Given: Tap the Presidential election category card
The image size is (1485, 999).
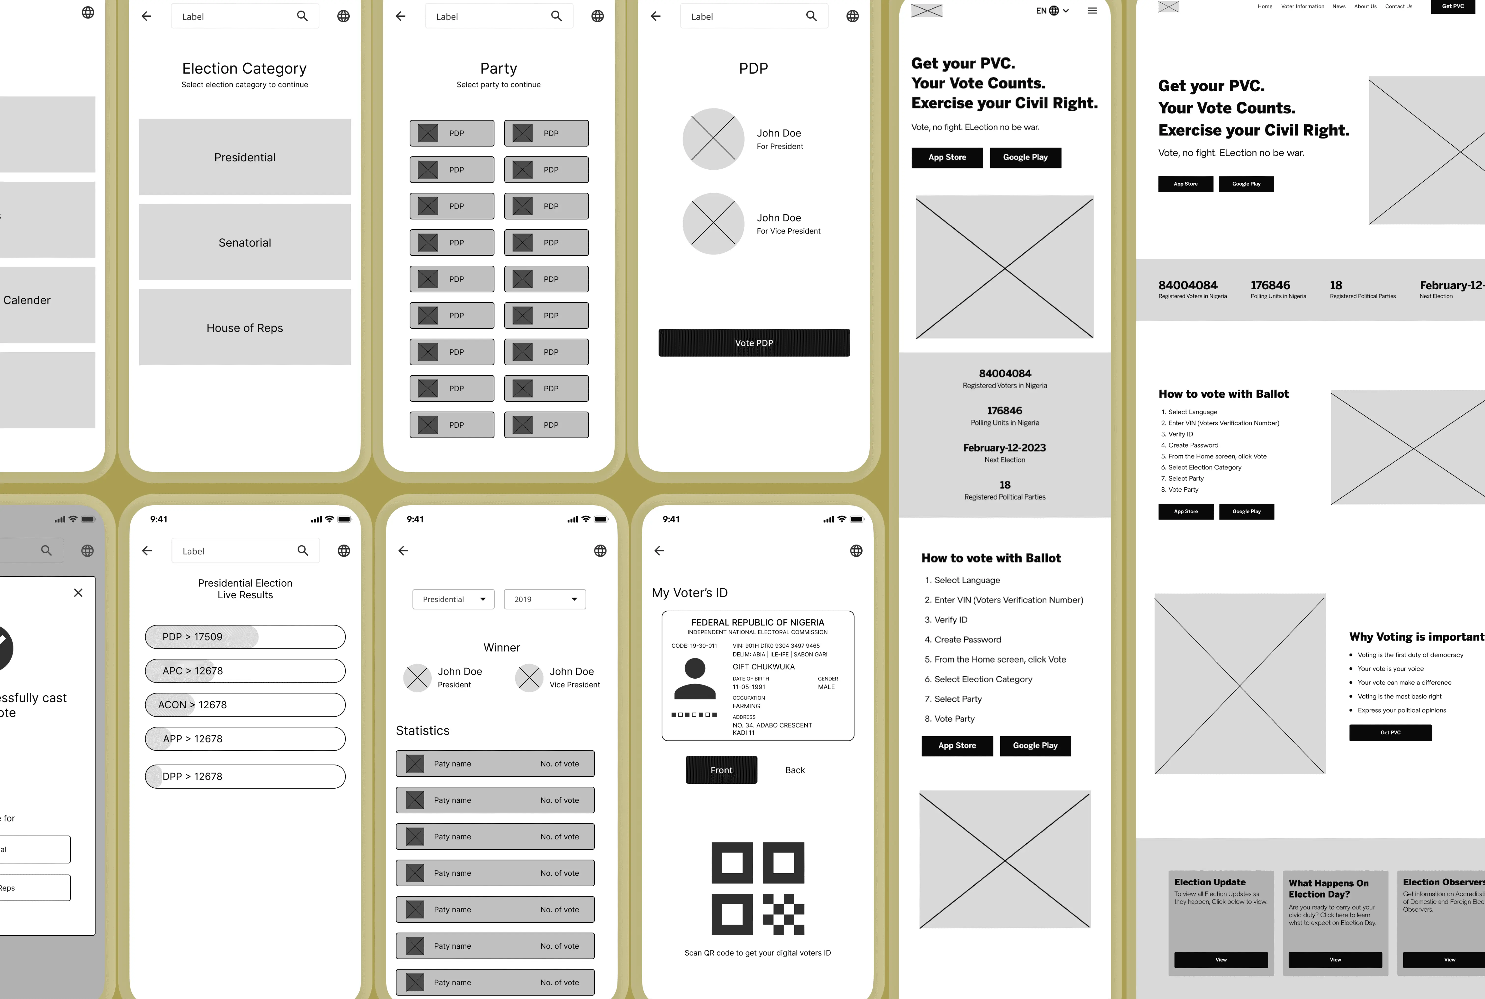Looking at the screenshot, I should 245,157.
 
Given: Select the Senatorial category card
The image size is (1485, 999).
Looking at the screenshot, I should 245,242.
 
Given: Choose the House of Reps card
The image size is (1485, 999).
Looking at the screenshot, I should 245,328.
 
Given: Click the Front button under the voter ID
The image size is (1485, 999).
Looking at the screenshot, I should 721,770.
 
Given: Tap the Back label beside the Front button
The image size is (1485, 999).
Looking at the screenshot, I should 794,770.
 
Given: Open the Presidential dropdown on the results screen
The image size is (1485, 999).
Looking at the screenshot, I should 453,599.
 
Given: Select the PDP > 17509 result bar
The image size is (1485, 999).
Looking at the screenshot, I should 245,636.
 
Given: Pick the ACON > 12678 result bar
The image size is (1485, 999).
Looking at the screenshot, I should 245,705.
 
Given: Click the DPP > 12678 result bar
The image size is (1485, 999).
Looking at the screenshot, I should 245,776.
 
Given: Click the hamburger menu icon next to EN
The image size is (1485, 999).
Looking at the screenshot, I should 1092,11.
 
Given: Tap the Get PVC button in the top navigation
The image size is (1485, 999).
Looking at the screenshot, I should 1453,6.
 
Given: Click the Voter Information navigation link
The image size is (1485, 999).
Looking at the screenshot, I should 1302,6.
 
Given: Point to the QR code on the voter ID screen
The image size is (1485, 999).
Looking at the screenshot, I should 757,889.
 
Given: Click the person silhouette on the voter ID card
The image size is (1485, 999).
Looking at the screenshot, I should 694,679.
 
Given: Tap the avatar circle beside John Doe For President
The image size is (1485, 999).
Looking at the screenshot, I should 713,139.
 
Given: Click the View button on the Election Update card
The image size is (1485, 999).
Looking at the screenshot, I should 1221,959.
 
